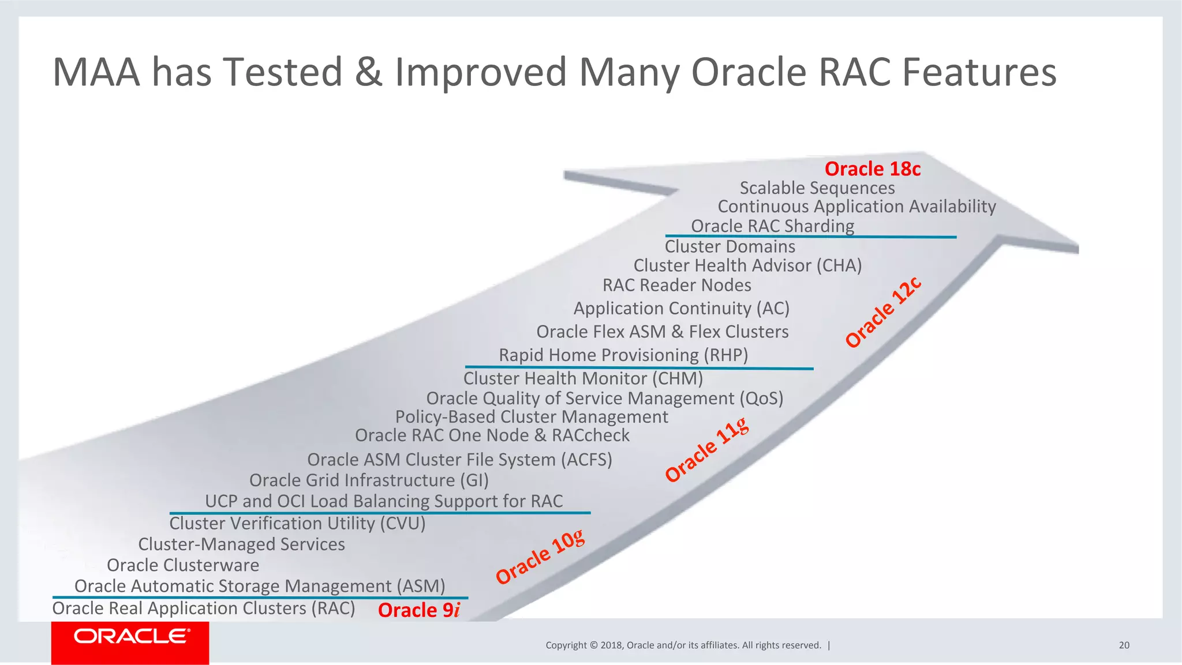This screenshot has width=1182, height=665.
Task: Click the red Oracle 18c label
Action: pyautogui.click(x=872, y=169)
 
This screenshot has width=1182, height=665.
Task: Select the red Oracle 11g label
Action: pyautogui.click(x=707, y=450)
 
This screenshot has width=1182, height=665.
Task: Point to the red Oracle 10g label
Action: pyautogui.click(x=540, y=557)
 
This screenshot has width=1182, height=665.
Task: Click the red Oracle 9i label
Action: pyautogui.click(x=419, y=610)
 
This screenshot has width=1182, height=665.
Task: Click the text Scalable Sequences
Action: pyautogui.click(x=817, y=188)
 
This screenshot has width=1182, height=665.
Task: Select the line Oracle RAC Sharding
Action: pyautogui.click(x=772, y=226)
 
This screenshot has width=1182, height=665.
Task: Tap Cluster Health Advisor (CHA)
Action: pyautogui.click(x=747, y=266)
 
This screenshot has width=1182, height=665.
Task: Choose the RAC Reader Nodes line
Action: pyautogui.click(x=676, y=285)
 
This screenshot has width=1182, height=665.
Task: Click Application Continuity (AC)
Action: pyautogui.click(x=681, y=309)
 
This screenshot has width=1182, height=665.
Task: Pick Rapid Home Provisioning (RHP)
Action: pyautogui.click(x=623, y=355)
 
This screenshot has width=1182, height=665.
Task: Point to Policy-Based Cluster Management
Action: pyautogui.click(x=532, y=417)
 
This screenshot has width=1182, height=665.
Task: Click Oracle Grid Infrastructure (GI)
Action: pyautogui.click(x=369, y=480)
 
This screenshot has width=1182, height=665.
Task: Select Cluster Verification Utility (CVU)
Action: pyautogui.click(x=297, y=524)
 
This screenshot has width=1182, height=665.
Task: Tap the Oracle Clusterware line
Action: pyautogui.click(x=183, y=565)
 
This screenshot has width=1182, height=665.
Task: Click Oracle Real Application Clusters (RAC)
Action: pyautogui.click(x=204, y=608)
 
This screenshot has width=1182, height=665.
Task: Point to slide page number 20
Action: pyautogui.click(x=1124, y=645)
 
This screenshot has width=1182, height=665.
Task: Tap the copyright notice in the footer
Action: pyautogui.click(x=683, y=645)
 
